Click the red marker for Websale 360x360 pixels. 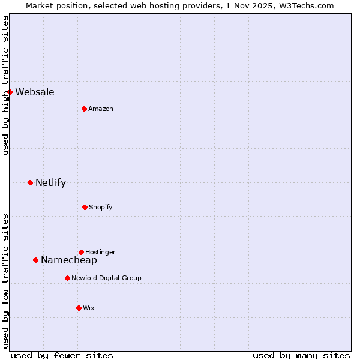click(x=10, y=92)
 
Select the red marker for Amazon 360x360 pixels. click(x=84, y=109)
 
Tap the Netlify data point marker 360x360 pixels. click(x=30, y=182)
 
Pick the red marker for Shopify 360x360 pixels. click(x=85, y=207)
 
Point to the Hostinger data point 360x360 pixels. click(x=81, y=252)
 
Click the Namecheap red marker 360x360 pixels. click(x=35, y=260)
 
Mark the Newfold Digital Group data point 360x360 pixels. click(x=67, y=278)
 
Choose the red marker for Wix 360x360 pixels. click(x=79, y=308)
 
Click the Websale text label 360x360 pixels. click(x=35, y=92)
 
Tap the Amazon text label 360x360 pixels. click(x=101, y=109)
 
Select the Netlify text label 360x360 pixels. click(x=50, y=182)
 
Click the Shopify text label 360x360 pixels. click(x=101, y=207)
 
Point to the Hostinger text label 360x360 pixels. click(x=100, y=252)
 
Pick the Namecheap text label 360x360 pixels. click(x=69, y=260)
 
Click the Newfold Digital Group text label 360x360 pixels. click(x=106, y=278)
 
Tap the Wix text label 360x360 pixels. click(x=89, y=308)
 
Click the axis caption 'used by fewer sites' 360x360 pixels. click(x=62, y=355)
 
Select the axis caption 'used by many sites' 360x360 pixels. click(x=301, y=355)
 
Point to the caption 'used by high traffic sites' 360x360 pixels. click(x=5, y=85)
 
